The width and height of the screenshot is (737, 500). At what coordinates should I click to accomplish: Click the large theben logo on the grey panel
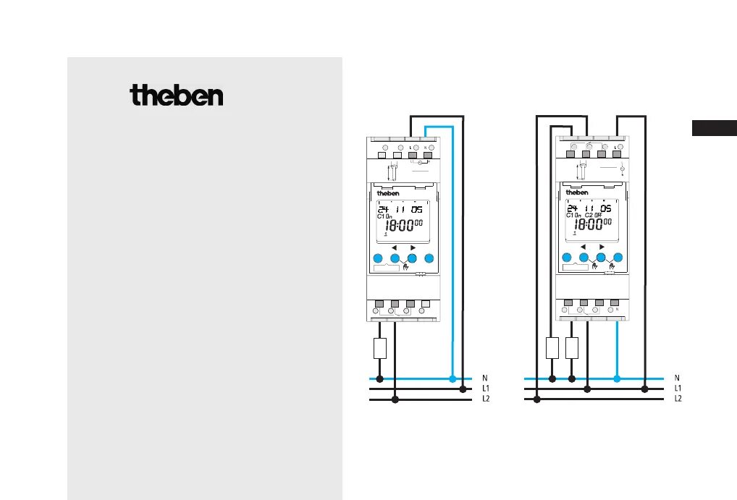[x=177, y=96]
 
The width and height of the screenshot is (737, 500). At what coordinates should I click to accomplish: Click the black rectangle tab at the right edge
[x=714, y=129]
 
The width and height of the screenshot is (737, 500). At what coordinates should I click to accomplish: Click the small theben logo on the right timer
[x=577, y=192]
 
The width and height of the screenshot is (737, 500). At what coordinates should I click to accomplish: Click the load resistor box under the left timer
[x=379, y=348]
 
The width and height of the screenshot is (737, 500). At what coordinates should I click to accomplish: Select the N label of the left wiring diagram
[x=485, y=378]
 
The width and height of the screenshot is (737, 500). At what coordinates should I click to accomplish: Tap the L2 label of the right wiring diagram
[x=678, y=399]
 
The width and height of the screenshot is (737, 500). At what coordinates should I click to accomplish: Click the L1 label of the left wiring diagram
[x=486, y=389]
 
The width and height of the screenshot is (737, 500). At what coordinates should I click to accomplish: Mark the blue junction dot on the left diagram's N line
[x=452, y=378]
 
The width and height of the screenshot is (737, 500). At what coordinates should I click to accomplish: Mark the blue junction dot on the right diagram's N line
[x=617, y=378]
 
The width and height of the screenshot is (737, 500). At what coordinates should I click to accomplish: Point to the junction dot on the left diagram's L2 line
[x=395, y=399]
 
